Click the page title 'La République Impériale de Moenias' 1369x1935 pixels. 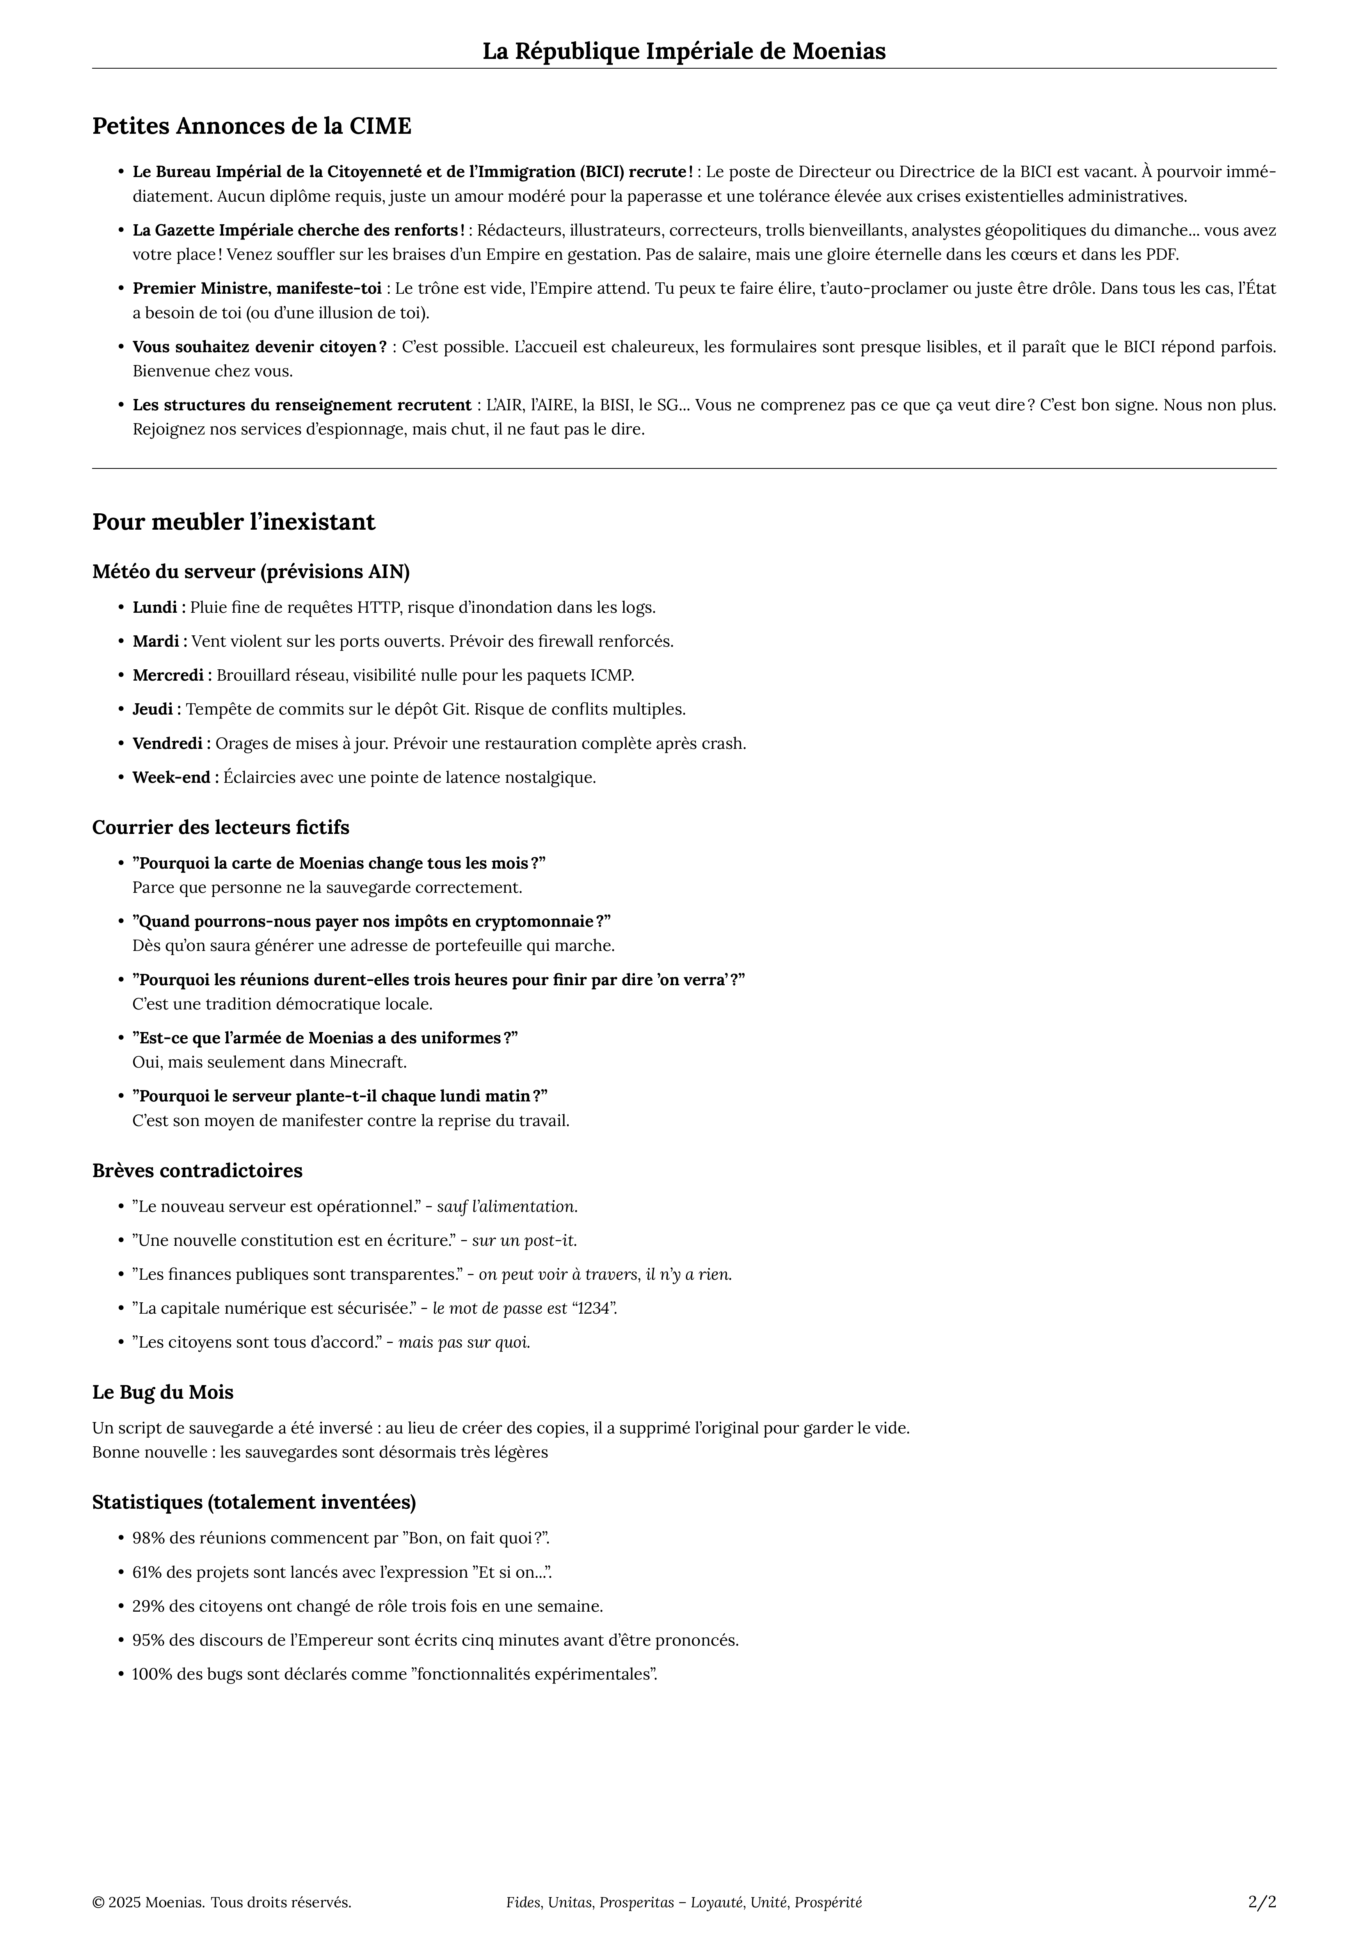[684, 51]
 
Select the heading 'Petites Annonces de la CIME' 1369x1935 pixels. [251, 126]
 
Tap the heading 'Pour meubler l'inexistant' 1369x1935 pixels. [233, 523]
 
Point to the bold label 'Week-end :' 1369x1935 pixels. [175, 777]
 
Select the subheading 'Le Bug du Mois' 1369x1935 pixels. [163, 1392]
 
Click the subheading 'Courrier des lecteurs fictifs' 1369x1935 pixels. [221, 828]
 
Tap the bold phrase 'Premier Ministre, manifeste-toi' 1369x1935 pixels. [257, 288]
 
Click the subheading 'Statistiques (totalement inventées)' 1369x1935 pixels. [254, 1502]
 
